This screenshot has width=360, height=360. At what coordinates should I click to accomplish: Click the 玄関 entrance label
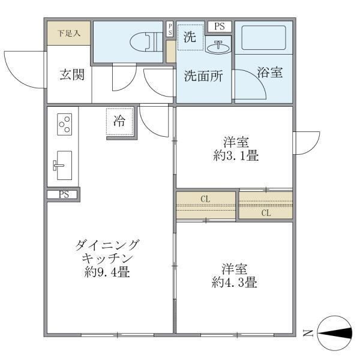click(x=71, y=75)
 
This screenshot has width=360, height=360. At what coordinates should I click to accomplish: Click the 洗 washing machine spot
click(x=190, y=37)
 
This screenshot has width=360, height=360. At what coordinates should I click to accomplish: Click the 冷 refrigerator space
click(x=120, y=121)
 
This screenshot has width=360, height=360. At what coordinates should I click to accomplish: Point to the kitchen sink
click(x=61, y=164)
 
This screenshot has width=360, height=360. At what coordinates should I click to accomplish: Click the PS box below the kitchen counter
click(x=63, y=194)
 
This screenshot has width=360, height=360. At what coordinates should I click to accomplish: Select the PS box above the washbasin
click(x=219, y=26)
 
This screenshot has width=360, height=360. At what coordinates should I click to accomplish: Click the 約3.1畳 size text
click(x=235, y=156)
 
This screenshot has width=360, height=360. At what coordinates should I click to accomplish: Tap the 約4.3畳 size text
click(x=235, y=282)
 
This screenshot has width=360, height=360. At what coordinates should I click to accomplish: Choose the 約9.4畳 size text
click(x=108, y=271)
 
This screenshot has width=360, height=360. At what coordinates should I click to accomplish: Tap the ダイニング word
click(x=108, y=245)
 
